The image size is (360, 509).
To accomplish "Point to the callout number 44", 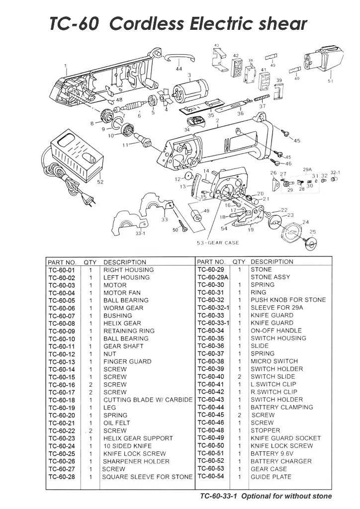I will coord(179,68).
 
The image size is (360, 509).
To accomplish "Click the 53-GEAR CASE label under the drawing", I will coord(217,243).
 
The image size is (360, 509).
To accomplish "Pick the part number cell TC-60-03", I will coord(62,285).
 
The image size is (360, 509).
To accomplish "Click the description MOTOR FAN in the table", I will coord(122,293).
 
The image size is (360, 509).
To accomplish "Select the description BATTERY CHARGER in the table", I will coord(281,461).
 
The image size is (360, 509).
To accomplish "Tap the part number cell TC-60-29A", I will coord(213,277).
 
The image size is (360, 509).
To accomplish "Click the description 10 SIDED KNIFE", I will coord(127,446).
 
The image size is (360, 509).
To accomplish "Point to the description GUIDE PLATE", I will coord(271,477).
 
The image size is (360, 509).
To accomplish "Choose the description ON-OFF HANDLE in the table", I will coord(276,331).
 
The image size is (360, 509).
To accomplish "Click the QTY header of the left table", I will coord(90,262).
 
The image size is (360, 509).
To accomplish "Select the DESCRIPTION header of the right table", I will coord(272,261).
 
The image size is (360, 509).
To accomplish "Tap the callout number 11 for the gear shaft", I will coord(126,145).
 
